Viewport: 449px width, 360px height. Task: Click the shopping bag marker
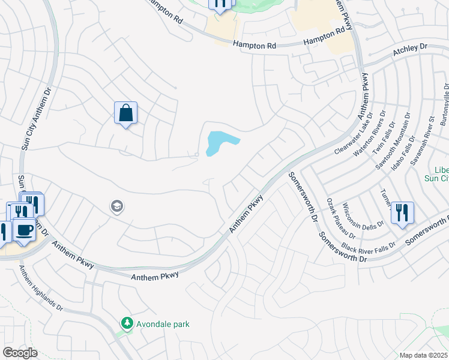point(125,113)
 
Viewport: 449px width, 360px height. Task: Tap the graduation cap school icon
point(117,207)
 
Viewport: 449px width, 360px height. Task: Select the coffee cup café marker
point(24,230)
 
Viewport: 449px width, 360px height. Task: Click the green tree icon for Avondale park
point(127,323)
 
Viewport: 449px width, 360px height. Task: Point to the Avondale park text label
point(163,324)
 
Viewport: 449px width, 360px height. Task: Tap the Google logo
point(20,353)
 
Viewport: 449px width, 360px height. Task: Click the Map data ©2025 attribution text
point(424,355)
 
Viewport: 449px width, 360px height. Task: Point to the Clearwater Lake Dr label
point(354,134)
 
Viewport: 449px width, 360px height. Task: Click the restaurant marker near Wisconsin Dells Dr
point(402,213)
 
